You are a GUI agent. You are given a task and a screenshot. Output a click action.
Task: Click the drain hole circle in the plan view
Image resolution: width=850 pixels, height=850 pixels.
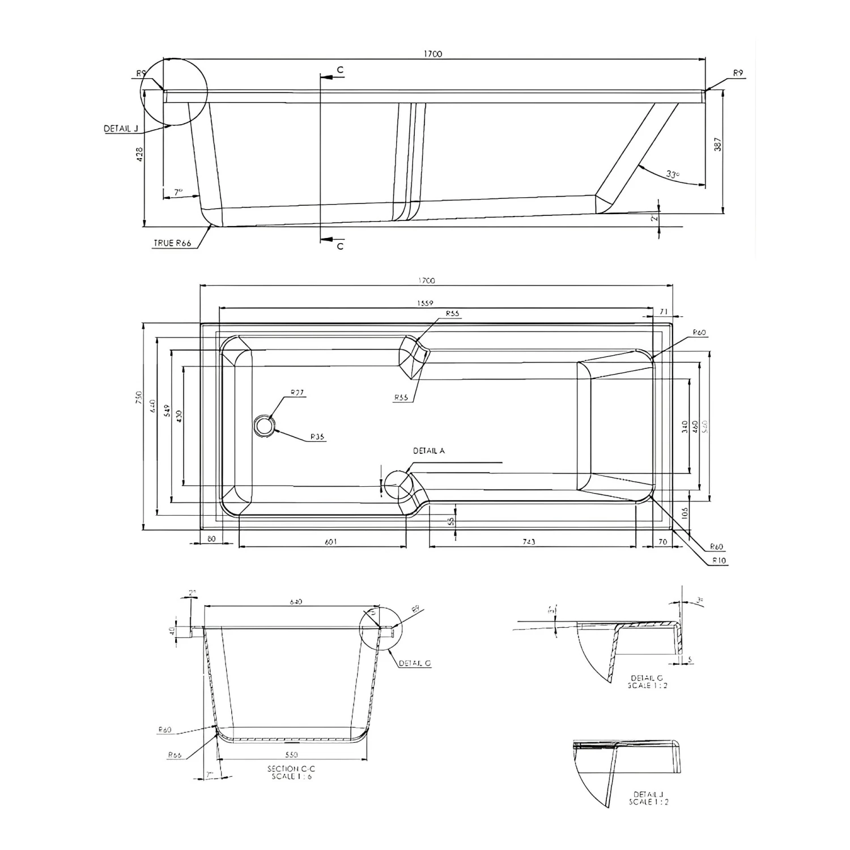coord(264,425)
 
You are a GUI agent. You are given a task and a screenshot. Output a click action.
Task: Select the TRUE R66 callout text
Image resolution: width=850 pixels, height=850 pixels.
coord(172,243)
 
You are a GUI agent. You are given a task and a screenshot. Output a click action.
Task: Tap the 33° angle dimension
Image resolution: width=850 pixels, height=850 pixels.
coord(672,175)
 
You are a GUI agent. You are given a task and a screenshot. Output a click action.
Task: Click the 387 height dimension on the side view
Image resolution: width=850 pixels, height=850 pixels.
coord(718,144)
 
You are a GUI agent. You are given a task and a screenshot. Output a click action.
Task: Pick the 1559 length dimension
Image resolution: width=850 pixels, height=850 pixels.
coord(425,303)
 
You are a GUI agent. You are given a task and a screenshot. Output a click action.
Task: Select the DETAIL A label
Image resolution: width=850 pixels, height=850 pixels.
coord(428,451)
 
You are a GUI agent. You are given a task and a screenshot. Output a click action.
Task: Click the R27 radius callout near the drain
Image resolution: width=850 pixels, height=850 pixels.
coord(297,392)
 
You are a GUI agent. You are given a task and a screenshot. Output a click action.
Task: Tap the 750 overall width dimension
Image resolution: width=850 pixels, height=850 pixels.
coord(138,398)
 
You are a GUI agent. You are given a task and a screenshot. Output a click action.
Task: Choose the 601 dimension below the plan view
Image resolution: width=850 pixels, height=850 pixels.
coord(331,542)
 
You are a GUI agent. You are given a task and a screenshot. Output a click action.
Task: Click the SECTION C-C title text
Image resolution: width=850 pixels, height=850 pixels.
coord(291,769)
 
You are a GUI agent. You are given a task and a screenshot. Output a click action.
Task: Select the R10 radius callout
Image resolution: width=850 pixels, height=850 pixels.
coord(719,560)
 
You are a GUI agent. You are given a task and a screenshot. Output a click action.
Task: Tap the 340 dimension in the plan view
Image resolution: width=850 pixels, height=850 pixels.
coord(685,427)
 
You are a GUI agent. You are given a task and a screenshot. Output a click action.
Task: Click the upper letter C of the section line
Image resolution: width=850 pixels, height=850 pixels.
coord(340,70)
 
